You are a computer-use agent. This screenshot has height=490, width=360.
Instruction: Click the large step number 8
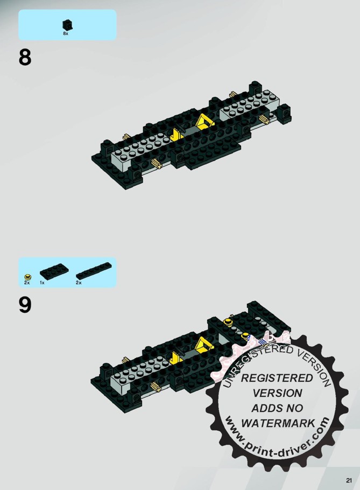tap(25, 58)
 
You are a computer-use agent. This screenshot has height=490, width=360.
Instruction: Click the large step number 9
tap(25, 305)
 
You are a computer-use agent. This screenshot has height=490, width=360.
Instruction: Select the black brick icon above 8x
tap(67, 25)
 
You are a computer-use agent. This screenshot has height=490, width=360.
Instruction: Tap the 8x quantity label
tap(66, 33)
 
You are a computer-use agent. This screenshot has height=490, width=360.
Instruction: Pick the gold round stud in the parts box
tap(28, 277)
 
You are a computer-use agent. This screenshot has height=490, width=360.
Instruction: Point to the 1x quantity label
tap(42, 283)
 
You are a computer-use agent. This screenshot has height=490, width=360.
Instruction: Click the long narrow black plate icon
tap(94, 271)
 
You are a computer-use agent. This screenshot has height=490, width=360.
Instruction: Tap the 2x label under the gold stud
tap(27, 283)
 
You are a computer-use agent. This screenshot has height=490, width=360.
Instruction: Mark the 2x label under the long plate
tap(79, 283)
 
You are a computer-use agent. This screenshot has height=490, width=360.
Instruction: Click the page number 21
tap(349, 480)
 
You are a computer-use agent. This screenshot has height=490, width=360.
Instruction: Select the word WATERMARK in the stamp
tap(278, 423)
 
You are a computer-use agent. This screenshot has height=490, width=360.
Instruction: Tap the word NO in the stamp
tap(293, 408)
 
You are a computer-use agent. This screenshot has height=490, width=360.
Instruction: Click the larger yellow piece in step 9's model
tap(203, 344)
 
